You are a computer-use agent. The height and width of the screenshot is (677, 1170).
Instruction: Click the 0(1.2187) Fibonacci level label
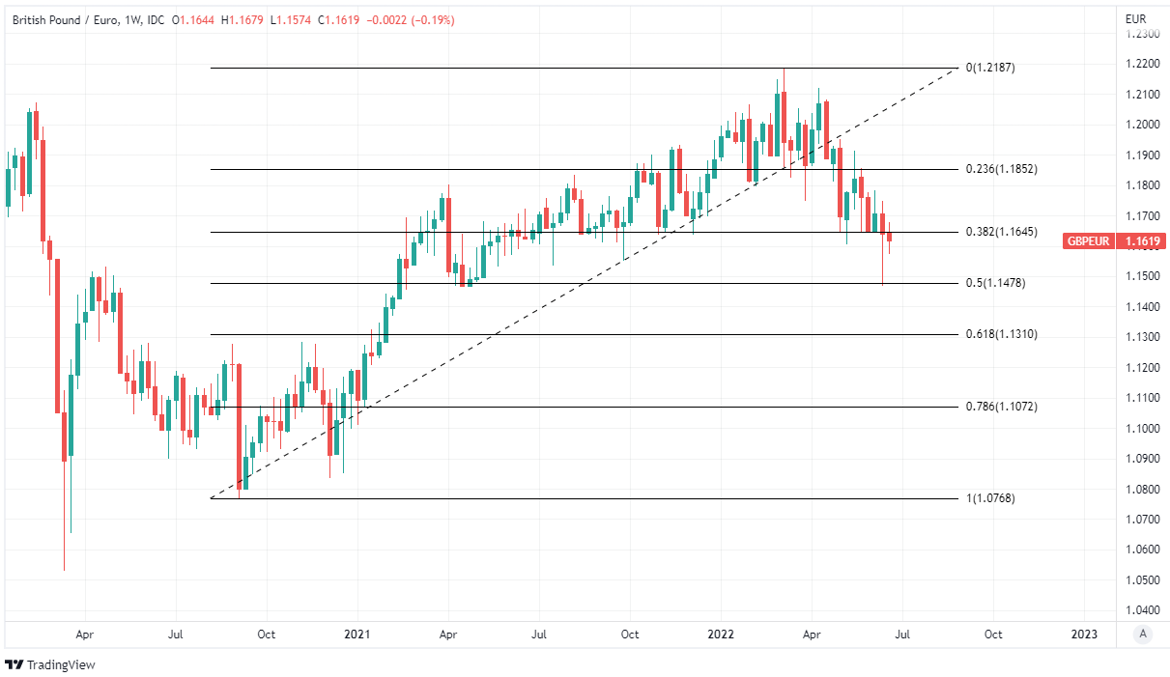(990, 68)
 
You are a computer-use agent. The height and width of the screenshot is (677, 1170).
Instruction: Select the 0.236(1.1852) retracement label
(1001, 169)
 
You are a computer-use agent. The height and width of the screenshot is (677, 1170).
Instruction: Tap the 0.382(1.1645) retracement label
(1001, 232)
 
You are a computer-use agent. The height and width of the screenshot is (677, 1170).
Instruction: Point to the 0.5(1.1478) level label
(995, 283)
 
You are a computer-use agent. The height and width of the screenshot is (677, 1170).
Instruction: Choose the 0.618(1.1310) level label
(1001, 334)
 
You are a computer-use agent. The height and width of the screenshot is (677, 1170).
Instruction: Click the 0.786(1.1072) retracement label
(1001, 407)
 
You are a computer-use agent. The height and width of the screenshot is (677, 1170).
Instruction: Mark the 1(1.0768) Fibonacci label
(990, 498)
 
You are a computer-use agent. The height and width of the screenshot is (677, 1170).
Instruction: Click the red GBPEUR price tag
(1088, 241)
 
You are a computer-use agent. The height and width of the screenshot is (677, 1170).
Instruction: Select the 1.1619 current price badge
(1141, 241)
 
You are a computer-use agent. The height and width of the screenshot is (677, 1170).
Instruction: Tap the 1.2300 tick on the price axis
(1142, 34)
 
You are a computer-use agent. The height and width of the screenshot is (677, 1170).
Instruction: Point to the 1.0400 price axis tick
(1142, 610)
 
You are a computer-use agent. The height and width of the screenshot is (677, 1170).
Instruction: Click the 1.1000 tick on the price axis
(1142, 428)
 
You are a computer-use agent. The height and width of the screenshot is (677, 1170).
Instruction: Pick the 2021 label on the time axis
(357, 635)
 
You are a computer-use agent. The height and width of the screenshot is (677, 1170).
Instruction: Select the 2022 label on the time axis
(721, 635)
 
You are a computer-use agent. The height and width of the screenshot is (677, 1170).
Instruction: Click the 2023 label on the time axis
(1084, 635)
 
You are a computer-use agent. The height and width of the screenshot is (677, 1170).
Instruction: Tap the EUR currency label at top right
(1136, 18)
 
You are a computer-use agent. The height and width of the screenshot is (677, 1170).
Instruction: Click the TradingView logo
(50, 664)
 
